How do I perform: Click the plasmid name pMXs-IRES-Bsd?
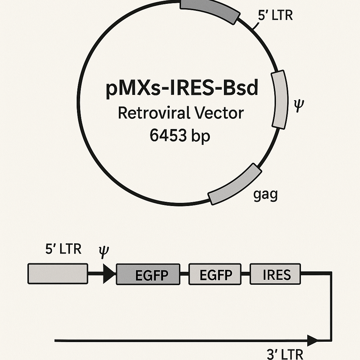[182, 88]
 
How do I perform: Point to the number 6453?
[168, 135]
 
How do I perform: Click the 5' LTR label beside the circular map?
[275, 15]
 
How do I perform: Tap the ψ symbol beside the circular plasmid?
[299, 105]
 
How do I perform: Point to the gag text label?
[266, 195]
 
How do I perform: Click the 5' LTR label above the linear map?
[63, 249]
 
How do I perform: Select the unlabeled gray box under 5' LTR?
[58, 274]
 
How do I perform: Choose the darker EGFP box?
[148, 274]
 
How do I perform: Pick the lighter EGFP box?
[215, 274]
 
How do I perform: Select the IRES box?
[275, 274]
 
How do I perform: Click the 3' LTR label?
[285, 354]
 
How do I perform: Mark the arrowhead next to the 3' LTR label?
[313, 340]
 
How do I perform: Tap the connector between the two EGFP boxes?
[184, 274]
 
